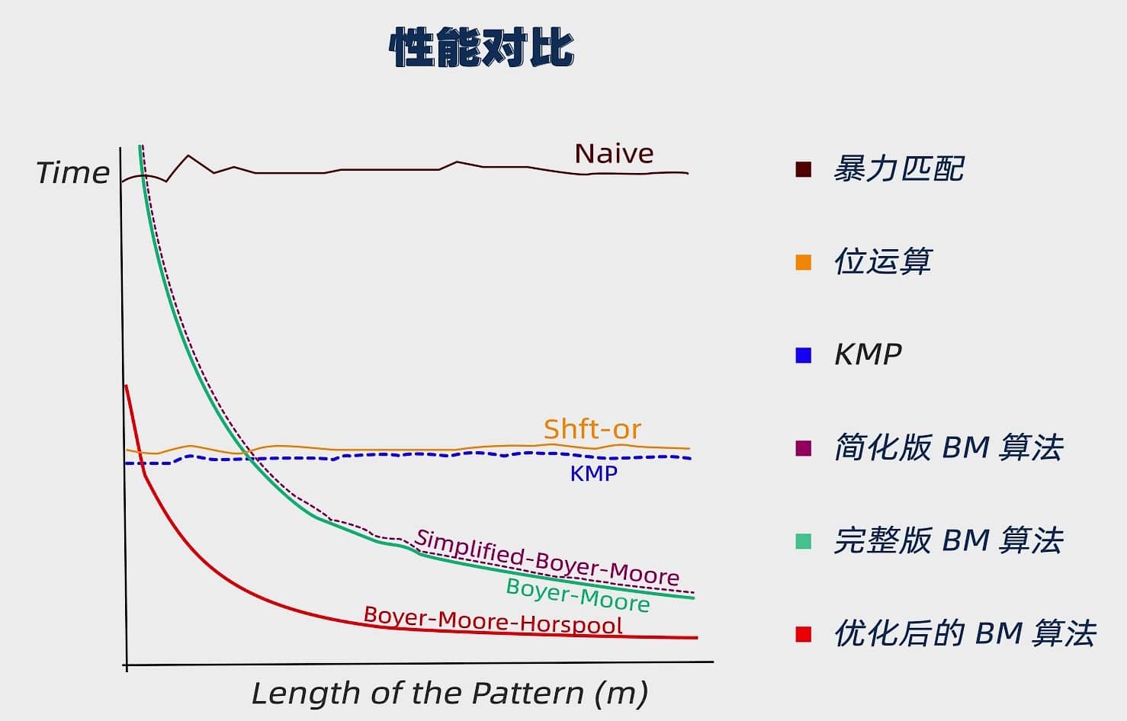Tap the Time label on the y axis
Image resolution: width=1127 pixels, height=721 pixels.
[x=73, y=173]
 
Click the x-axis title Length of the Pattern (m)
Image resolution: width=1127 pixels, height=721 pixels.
[x=450, y=694]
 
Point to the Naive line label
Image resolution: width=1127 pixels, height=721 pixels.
[x=614, y=154]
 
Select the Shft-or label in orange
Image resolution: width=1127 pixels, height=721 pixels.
[x=592, y=429]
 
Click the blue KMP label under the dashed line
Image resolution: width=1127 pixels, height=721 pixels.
[x=593, y=473]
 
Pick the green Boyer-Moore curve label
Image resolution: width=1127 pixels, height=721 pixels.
[x=578, y=594]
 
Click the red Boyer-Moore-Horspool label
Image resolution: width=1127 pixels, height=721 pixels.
[x=493, y=620]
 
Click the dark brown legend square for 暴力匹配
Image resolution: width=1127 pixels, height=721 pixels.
[x=803, y=169]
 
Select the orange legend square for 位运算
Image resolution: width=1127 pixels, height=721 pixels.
[x=803, y=262]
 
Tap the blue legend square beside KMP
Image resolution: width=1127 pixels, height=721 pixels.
[x=803, y=355]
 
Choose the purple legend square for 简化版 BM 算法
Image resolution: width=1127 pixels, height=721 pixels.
[x=803, y=448]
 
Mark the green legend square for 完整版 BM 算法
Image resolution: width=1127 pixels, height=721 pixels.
[x=803, y=541]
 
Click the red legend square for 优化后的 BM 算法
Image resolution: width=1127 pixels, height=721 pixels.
[x=803, y=634]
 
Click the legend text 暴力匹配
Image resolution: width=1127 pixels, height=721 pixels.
[x=898, y=169]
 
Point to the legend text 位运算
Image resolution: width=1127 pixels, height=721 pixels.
[x=882, y=262]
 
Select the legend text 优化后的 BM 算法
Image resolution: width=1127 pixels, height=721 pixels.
[x=965, y=634]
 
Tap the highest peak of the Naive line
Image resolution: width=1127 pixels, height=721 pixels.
[x=188, y=155]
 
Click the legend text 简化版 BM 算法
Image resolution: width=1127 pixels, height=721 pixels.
[x=948, y=448]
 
